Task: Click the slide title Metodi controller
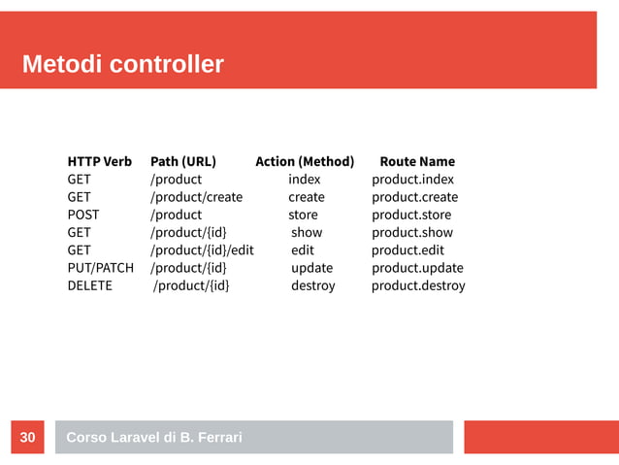click(122, 65)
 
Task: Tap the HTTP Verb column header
click(99, 161)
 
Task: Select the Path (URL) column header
click(182, 161)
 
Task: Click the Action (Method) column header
click(305, 161)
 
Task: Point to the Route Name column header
click(417, 161)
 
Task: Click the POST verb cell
click(82, 215)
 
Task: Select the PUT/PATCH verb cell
click(101, 268)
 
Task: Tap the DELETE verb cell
click(89, 285)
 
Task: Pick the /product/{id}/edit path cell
click(201, 250)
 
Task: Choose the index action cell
click(304, 180)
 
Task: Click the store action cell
click(303, 215)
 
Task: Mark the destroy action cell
click(312, 285)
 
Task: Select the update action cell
click(311, 268)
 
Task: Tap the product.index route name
click(412, 180)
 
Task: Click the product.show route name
click(412, 233)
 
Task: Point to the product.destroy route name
click(418, 285)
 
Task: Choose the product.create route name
click(414, 197)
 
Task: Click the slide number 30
click(27, 438)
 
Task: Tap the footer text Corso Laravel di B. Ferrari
click(153, 438)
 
